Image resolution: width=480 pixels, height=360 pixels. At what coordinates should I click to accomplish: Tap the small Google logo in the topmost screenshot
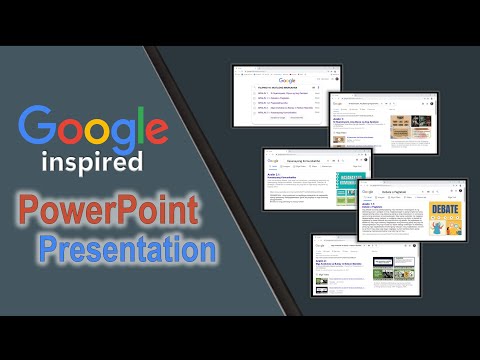[x=287, y=79]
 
